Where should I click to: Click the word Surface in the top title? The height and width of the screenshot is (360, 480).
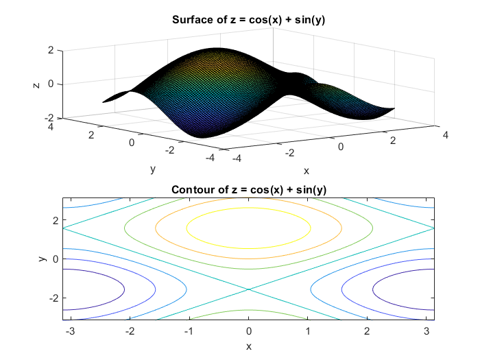coord(190,19)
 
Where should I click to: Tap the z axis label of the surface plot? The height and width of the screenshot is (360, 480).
coord(36,84)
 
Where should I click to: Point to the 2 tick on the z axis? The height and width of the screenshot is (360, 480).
coord(49,51)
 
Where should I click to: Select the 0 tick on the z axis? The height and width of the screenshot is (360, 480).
coord(49,84)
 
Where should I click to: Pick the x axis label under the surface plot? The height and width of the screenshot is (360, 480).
coord(307,171)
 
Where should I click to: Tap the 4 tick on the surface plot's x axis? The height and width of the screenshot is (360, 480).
coord(446,136)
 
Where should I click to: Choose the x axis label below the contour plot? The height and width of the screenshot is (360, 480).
coord(249,346)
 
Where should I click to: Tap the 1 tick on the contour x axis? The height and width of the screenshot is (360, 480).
coord(308,332)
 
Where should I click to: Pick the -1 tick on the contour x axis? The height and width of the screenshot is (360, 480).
coord(189,332)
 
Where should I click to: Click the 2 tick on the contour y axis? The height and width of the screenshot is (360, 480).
coord(55,219)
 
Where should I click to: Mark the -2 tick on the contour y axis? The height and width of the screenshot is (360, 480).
coord(53,298)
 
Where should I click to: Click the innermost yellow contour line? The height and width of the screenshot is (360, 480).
coord(249,208)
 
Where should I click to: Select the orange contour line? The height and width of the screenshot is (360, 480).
coord(249,200)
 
